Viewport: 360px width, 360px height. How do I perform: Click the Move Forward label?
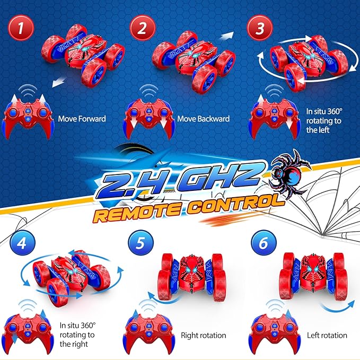82,119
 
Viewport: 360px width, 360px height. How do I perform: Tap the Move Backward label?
204,119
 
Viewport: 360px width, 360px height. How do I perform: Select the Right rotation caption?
204,335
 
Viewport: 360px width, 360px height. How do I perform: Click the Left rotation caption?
327,335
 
